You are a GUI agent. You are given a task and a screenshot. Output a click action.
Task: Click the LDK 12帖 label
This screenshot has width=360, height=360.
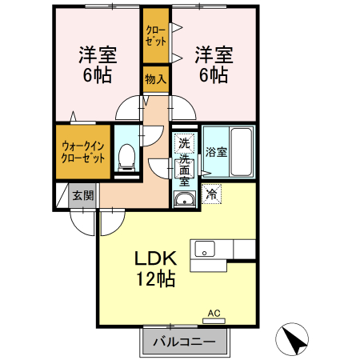pyautogui.click(x=155, y=270)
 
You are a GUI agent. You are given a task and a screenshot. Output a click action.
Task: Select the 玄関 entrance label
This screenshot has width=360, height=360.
pyautogui.click(x=82, y=194)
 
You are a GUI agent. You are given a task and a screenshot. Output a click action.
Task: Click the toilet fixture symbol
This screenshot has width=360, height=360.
pyautogui.click(x=126, y=158)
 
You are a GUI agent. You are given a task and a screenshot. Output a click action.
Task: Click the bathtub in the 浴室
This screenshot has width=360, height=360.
pyautogui.click(x=242, y=153)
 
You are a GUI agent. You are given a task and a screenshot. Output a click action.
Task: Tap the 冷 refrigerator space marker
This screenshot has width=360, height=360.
pyautogui.click(x=212, y=194)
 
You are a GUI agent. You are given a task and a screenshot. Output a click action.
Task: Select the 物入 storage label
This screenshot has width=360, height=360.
pyautogui.click(x=155, y=79)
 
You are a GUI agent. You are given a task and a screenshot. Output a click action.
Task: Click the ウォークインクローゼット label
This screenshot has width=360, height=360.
pyautogui.click(x=82, y=151)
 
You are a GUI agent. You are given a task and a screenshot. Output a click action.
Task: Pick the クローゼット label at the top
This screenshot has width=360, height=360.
pyautogui.click(x=155, y=34)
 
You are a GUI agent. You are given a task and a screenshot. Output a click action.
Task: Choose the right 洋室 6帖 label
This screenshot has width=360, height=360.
pyautogui.click(x=213, y=65)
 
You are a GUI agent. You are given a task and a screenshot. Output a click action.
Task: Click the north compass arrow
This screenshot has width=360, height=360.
pyautogui.click(x=294, y=341)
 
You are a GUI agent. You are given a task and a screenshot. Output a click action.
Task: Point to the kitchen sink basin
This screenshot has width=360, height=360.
pyautogui.click(x=202, y=250)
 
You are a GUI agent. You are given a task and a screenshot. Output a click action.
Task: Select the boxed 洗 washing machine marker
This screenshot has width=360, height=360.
pyautogui.click(x=184, y=143)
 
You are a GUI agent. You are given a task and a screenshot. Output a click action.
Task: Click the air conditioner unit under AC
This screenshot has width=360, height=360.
pyautogui.click(x=214, y=320)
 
